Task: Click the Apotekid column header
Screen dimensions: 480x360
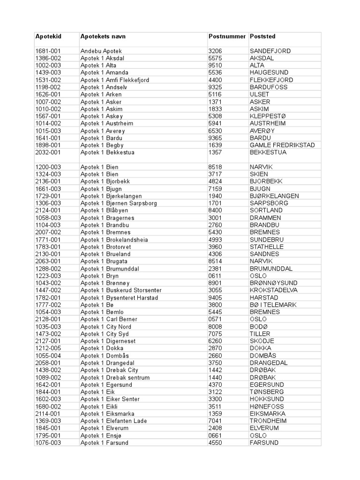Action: pos(48,37)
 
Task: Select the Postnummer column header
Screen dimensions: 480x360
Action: pos(227,37)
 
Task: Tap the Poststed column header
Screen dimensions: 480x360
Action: pos(262,37)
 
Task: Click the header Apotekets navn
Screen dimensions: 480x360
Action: pos(103,37)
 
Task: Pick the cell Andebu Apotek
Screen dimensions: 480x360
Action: pos(100,51)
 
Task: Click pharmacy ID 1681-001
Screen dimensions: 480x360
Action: pos(48,51)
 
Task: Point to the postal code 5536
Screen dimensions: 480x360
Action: pos(216,73)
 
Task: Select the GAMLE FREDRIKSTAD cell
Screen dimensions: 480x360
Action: pos(282,145)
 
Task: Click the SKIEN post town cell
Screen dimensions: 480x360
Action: pos(259,174)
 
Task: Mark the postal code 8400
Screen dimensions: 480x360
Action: pos(216,210)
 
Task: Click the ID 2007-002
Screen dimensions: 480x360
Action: pos(48,232)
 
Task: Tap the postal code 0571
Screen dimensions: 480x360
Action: pos(216,319)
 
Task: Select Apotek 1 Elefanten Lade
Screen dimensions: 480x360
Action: pos(113,421)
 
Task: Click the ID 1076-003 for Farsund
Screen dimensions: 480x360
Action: pos(48,442)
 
